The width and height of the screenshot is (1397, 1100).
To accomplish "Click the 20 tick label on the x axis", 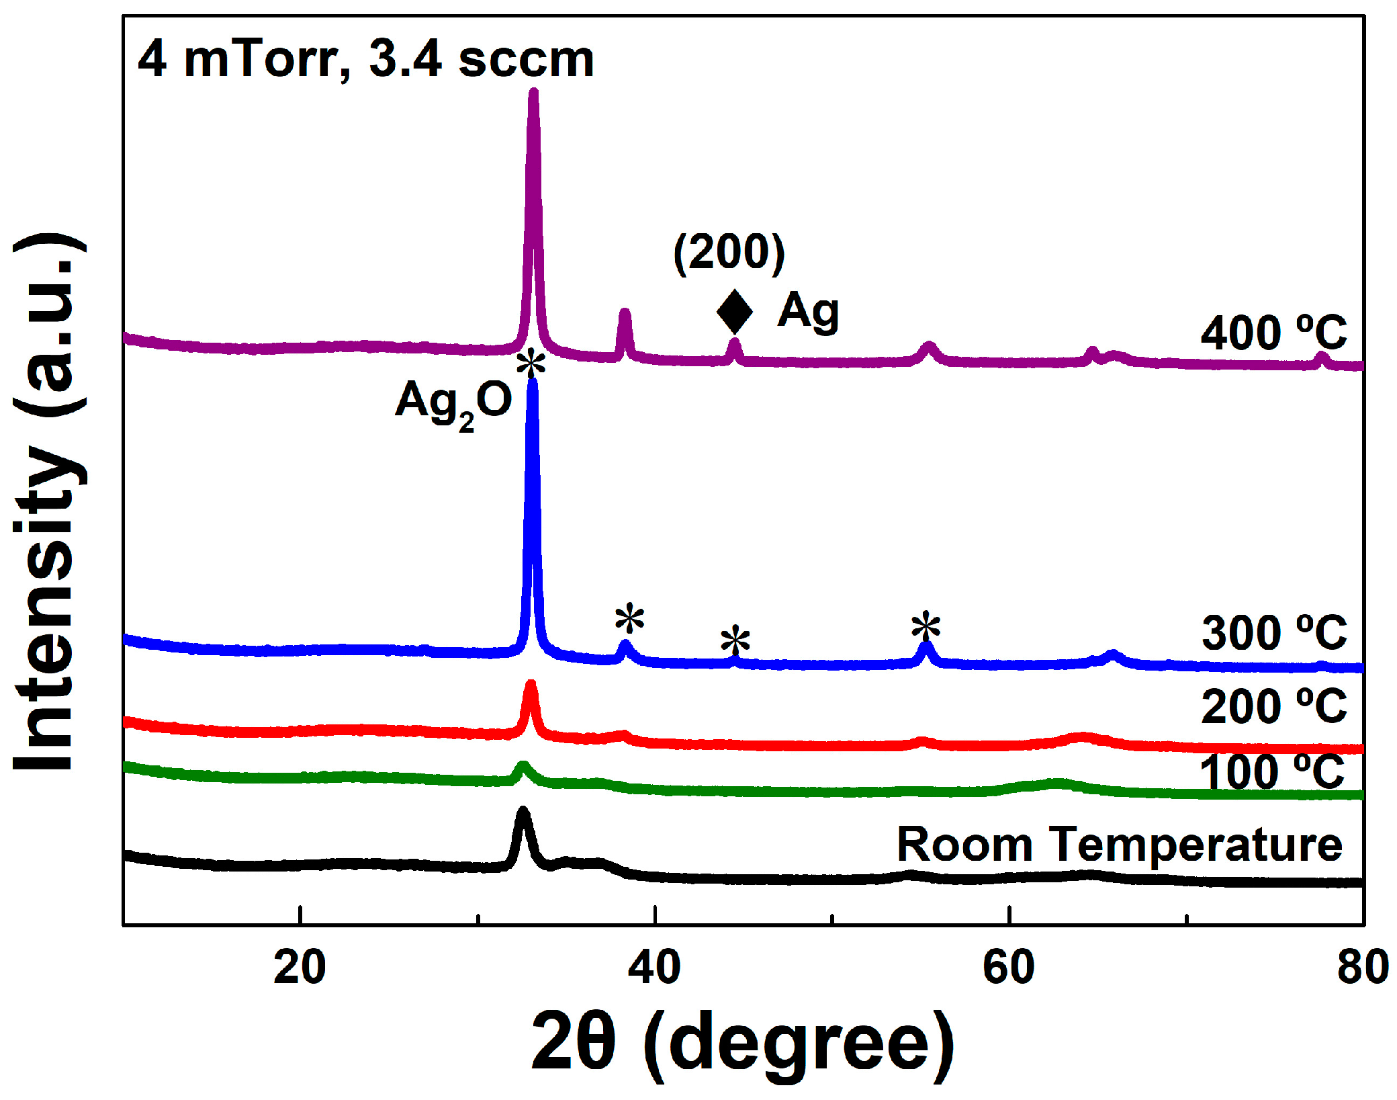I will point(300,968).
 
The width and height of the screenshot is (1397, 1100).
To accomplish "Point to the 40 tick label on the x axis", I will point(654,968).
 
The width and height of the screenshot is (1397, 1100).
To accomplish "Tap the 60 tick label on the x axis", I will point(1009,968).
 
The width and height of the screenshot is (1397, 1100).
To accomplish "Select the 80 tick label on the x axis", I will point(1362,968).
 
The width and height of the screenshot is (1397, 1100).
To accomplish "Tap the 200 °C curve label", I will point(1273,706).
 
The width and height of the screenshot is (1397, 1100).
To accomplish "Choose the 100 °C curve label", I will point(1272,772).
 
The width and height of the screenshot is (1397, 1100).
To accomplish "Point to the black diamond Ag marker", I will point(734,312).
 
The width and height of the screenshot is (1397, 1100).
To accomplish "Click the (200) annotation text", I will point(729,253).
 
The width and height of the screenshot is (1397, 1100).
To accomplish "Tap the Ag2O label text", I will point(453,402).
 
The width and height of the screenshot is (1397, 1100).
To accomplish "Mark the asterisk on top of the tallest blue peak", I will point(531,364).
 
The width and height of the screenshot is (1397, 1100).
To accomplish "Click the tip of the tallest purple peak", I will point(533,92).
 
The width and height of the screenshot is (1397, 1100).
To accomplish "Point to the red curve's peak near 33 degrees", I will point(531,685).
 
